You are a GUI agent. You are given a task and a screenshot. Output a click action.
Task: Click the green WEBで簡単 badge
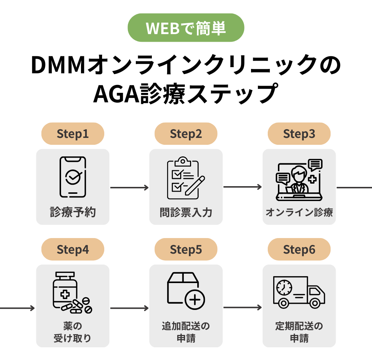coord(186,28)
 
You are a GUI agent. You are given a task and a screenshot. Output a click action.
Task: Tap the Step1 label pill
coord(73,134)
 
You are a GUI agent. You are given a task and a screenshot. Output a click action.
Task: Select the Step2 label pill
coord(186,134)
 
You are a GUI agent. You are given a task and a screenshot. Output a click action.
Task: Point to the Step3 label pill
coord(299,134)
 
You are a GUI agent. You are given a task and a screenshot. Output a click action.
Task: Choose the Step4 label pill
coord(73,249)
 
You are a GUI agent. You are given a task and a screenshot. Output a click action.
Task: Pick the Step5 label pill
coord(186,249)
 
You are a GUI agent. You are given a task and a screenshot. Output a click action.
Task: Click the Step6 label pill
coord(299,249)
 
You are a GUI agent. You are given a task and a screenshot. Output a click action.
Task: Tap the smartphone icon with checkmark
coord(73,177)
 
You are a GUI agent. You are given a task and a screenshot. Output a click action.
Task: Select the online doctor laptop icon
coord(299,180)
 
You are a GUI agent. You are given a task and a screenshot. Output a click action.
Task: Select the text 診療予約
coord(73,212)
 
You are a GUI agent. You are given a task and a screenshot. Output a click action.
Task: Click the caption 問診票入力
coord(186,212)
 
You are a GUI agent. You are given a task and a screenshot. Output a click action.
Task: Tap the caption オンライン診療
coord(299,212)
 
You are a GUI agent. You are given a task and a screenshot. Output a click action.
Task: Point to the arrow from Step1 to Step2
coord(129,188)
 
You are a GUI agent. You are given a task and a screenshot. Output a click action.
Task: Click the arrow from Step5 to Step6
coord(242,308)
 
